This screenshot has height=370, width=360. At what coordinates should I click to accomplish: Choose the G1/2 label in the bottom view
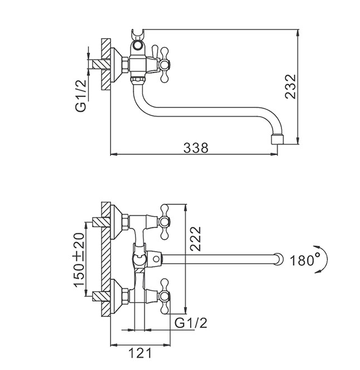pos(192,322)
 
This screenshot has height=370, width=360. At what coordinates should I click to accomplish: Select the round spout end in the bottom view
pos(277,258)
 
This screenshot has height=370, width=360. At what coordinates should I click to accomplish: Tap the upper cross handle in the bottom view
pos(166,222)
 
